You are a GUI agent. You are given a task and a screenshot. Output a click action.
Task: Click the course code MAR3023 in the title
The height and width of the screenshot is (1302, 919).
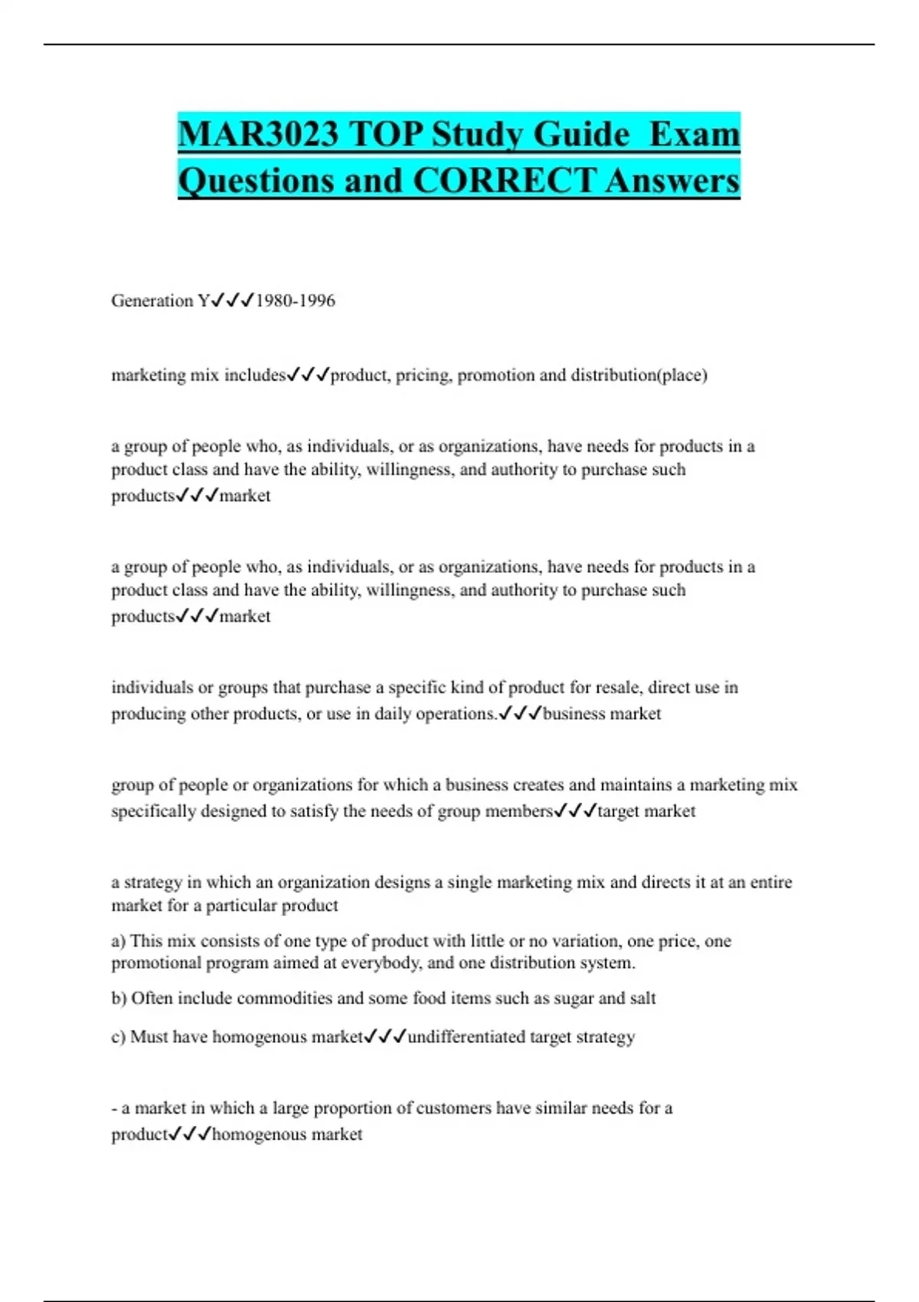click(258, 135)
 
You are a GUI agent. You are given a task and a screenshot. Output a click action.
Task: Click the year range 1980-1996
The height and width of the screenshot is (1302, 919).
click(295, 301)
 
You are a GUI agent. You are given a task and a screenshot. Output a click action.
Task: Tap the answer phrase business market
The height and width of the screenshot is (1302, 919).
click(601, 714)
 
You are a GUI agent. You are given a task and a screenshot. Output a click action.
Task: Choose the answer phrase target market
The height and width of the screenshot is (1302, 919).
click(646, 811)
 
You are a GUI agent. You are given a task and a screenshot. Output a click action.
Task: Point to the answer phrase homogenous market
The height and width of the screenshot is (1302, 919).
click(286, 1134)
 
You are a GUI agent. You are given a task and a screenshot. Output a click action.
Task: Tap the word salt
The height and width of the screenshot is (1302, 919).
click(643, 999)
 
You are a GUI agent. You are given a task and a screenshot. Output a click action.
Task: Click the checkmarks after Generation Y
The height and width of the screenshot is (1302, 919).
click(232, 300)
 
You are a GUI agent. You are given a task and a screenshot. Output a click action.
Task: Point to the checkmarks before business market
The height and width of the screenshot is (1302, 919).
click(520, 713)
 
